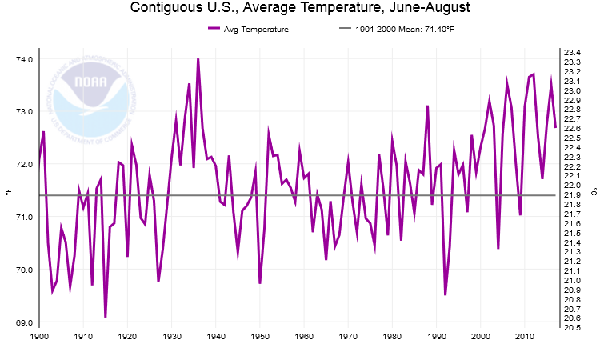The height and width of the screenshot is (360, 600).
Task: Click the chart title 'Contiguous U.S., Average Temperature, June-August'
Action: point(300,9)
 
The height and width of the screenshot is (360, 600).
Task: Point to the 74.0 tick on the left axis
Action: point(24,60)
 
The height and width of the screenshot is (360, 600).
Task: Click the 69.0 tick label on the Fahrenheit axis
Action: point(24,322)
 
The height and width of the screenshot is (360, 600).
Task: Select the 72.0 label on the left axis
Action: point(24,165)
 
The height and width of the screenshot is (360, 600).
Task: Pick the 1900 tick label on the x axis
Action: point(39,338)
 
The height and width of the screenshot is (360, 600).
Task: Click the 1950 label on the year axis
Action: point(260,338)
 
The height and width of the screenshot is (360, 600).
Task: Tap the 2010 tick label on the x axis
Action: point(525,338)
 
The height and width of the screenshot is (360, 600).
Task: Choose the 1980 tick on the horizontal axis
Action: point(392,338)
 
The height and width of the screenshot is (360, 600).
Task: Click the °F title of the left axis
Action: point(7,191)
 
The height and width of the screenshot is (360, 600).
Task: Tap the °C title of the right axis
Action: point(594,191)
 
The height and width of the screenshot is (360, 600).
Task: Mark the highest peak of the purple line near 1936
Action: point(198,58)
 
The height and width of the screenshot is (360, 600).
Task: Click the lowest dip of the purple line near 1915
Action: point(106,317)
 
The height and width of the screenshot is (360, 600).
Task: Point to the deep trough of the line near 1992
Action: point(445,294)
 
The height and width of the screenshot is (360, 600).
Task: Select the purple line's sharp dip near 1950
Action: point(260,282)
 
